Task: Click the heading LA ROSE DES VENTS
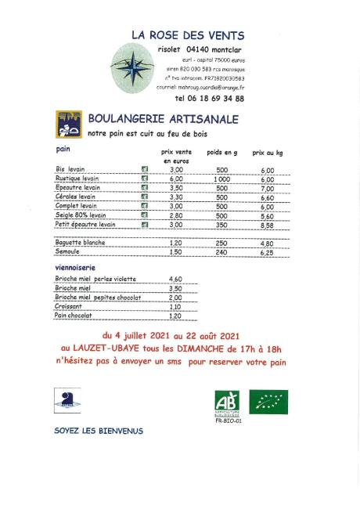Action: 188,35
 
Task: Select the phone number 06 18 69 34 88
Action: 209,99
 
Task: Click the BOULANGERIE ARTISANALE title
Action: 164,119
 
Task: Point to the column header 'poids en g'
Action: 221,153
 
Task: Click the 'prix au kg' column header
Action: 268,153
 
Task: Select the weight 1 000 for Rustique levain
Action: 221,179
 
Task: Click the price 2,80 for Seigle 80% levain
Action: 176,215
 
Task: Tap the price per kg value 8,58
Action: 268,225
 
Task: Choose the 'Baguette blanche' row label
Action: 81,243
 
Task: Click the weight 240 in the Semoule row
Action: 221,252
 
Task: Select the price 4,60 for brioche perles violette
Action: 176,280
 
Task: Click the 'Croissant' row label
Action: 69,307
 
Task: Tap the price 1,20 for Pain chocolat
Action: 176,316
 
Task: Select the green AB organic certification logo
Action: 226,403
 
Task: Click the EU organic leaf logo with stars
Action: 268,402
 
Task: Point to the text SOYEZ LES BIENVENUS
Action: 99,431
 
